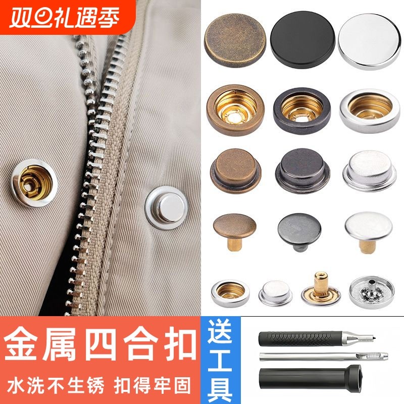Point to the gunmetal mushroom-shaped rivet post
(301, 230)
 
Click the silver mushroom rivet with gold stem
(368, 230)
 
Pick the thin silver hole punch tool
(323, 358)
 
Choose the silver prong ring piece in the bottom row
(368, 291)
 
